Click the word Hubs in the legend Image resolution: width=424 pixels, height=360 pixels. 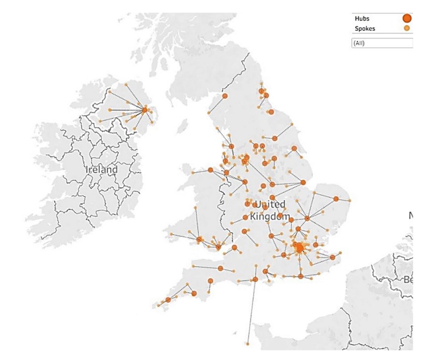click(362, 18)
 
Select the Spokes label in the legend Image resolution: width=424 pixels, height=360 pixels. click(365, 28)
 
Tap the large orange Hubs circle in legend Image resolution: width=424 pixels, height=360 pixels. click(407, 18)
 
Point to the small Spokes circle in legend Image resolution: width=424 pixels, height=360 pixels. click(407, 28)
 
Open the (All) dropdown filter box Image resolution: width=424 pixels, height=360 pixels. click(382, 43)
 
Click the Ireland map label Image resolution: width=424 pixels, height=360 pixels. click(102, 169)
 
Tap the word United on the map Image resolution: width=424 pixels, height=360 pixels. click(270, 204)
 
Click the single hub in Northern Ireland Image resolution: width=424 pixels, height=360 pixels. click(145, 110)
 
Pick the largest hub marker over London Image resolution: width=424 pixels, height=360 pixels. click(299, 248)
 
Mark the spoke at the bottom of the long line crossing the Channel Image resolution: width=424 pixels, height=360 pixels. click(248, 343)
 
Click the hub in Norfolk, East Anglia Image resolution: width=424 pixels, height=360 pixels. click(336, 198)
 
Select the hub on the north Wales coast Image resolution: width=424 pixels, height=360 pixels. click(211, 170)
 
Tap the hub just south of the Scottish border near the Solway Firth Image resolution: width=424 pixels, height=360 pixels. click(225, 96)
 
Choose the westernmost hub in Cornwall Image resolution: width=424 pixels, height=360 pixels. click(168, 300)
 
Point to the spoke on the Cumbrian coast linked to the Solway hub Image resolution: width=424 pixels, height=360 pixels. click(209, 113)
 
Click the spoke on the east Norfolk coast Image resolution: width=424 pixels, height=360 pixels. click(350, 200)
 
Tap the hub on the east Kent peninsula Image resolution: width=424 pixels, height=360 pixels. click(332, 257)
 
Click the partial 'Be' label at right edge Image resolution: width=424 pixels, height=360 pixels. click(408, 280)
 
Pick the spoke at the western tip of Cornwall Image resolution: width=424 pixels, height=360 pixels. click(158, 306)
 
